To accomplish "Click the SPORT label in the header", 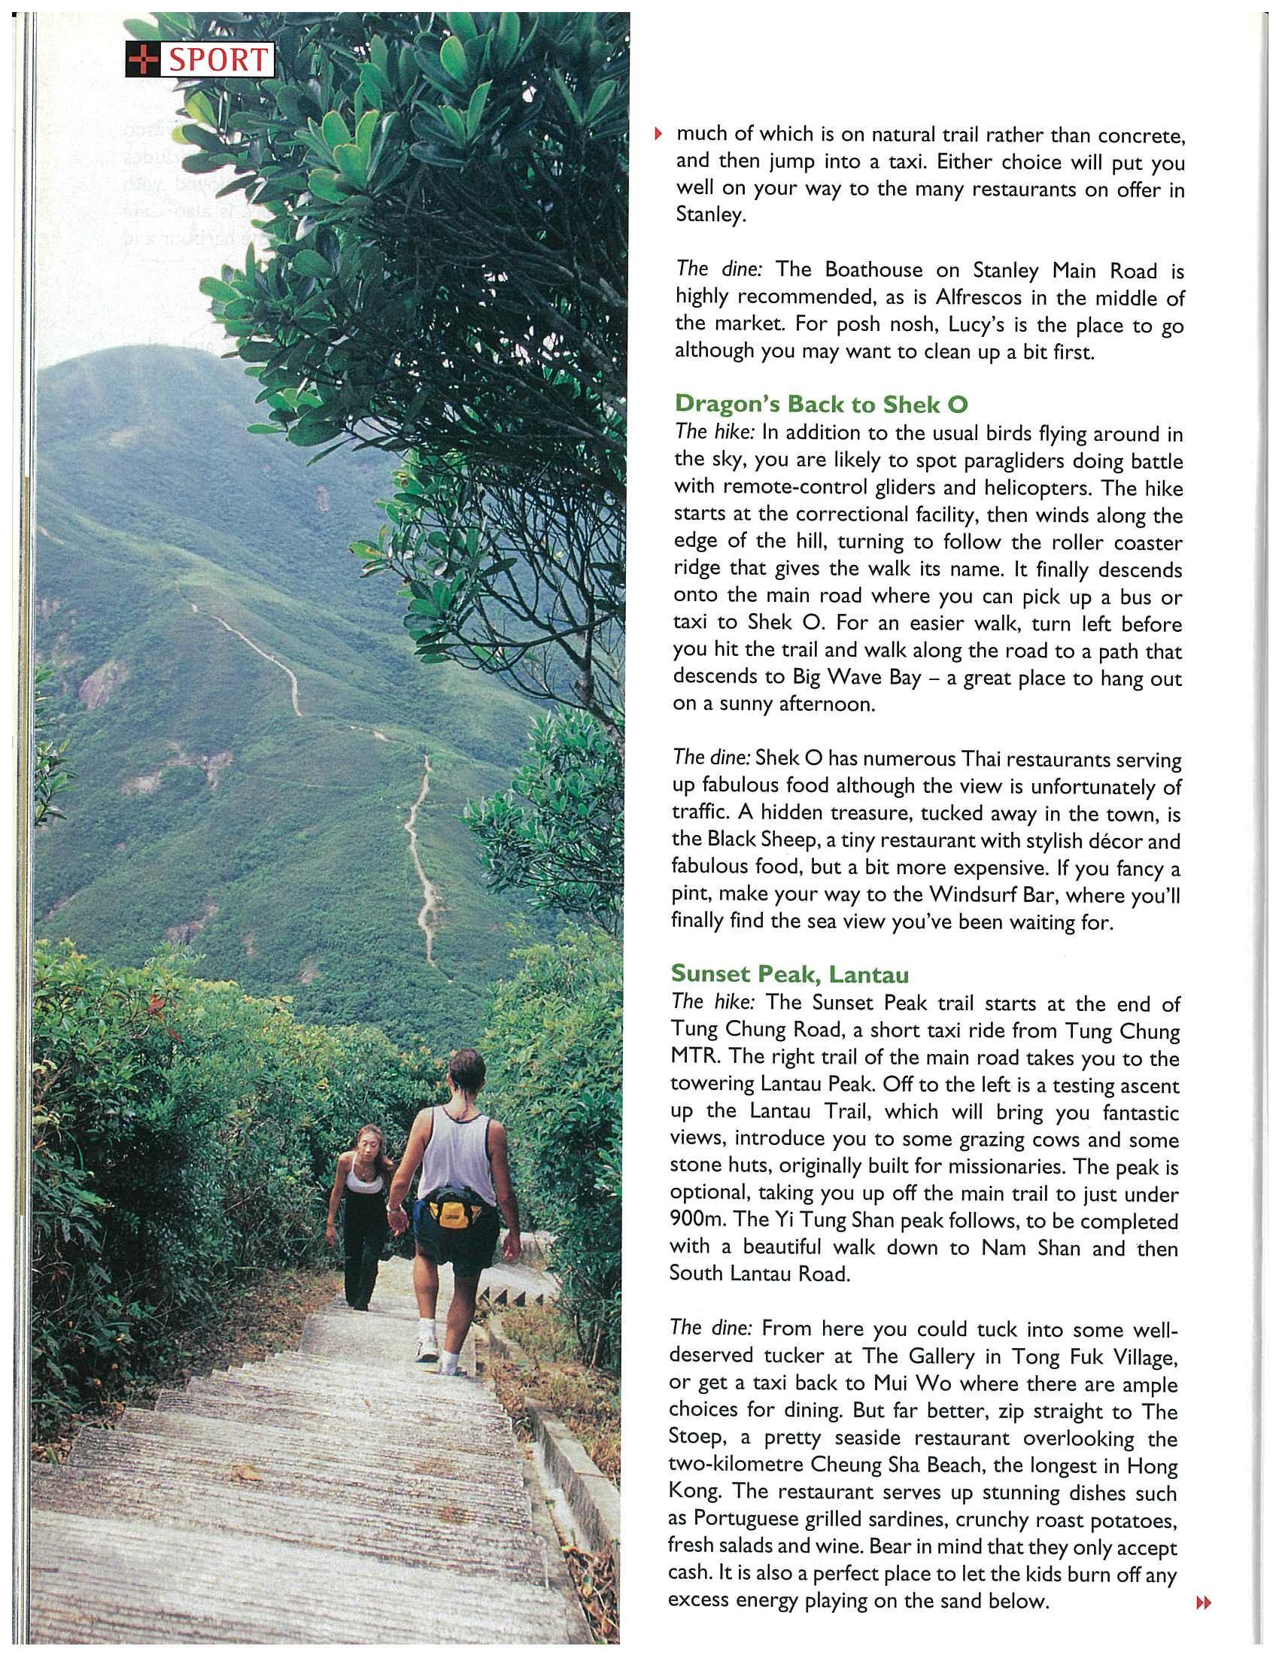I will pyautogui.click(x=217, y=60).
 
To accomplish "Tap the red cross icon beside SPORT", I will pyautogui.click(x=143, y=60).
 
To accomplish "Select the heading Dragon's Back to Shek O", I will pyautogui.click(x=821, y=405).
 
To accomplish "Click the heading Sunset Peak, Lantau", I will pyautogui.click(x=789, y=973).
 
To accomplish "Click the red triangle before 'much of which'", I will pyautogui.click(x=658, y=135).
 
